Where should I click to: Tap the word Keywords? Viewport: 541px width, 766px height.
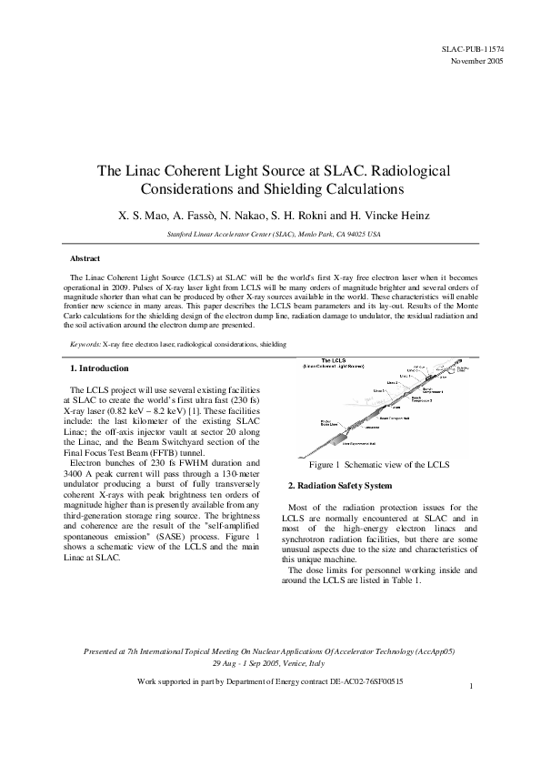pyautogui.click(x=85, y=345)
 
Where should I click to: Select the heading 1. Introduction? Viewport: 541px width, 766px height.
pyautogui.click(x=99, y=368)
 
